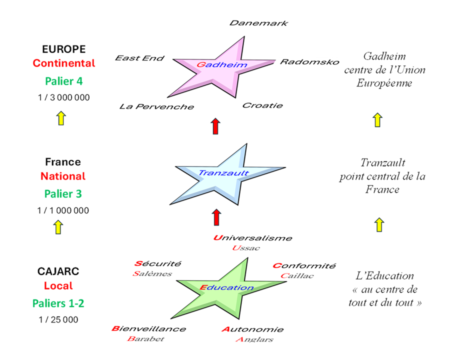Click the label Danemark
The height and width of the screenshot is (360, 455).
[x=258, y=23]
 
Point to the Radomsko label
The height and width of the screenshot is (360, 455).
[x=309, y=62]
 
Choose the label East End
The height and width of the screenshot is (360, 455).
[x=139, y=58]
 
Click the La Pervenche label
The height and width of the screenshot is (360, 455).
[x=156, y=106]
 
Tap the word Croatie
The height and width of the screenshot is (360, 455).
[x=262, y=105]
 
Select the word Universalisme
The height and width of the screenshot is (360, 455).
[x=252, y=238]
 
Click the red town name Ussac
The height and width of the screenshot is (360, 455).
[x=246, y=248]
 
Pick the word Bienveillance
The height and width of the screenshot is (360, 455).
[x=148, y=329]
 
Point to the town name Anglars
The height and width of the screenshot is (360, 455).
[x=254, y=339]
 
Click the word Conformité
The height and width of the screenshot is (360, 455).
[x=304, y=265]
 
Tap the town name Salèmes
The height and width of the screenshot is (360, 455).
[x=152, y=273]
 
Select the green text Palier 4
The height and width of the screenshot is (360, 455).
[x=63, y=80]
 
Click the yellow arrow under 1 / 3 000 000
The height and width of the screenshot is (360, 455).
[x=60, y=118]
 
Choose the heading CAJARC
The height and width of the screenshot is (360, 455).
[x=58, y=271]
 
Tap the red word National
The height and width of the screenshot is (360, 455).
[x=63, y=176]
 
